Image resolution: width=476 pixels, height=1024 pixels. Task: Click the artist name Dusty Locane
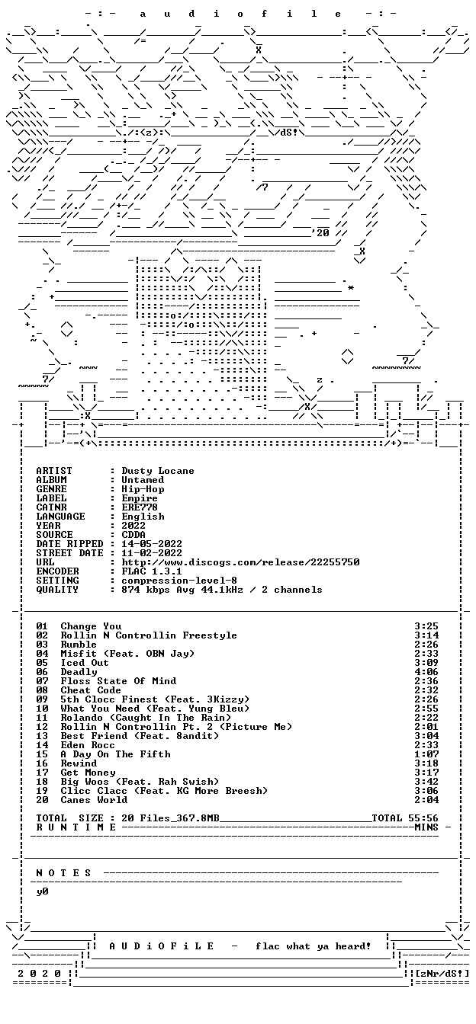point(157,471)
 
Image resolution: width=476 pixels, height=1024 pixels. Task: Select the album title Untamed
point(143,480)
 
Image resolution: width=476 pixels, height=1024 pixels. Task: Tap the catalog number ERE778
point(139,507)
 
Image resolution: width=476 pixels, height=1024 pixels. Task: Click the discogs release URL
point(240,562)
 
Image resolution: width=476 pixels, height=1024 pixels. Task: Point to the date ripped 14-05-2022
point(152,544)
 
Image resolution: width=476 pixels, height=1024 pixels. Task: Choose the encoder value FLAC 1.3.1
point(152,571)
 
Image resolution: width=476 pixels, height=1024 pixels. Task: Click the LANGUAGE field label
point(60,517)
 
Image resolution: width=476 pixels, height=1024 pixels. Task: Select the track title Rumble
point(79,645)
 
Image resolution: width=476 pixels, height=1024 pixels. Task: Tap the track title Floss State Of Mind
point(118,681)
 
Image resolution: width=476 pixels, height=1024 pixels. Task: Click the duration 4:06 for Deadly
point(426,672)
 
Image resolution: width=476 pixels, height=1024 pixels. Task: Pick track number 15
point(42,754)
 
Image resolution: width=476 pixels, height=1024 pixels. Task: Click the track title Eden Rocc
point(88,745)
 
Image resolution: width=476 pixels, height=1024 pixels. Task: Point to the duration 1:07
point(426,754)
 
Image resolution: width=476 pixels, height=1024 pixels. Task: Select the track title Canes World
point(94,800)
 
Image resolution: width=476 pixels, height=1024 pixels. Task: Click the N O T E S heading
point(63,873)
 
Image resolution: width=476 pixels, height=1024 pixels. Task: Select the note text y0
point(42,892)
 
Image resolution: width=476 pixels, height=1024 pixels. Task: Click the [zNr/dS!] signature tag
point(442,974)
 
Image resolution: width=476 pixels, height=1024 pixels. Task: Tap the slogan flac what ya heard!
point(313,946)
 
